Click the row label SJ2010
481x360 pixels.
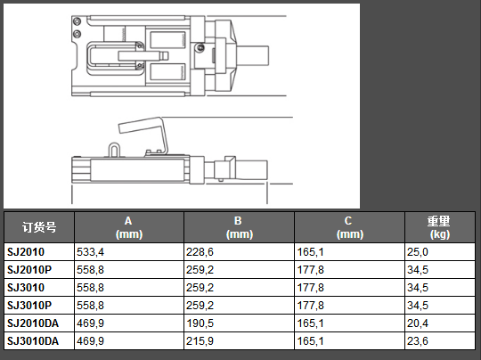(x=26, y=252)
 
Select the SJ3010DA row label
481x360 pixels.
(x=33, y=341)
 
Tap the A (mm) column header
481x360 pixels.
(x=129, y=227)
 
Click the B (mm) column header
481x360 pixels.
(x=240, y=227)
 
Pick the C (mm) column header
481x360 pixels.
(x=350, y=227)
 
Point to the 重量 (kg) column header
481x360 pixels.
(x=440, y=227)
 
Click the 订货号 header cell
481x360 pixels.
(x=39, y=227)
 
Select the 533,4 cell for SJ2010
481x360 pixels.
(x=91, y=252)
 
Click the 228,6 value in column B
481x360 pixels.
(x=200, y=252)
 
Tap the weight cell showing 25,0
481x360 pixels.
(x=418, y=252)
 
